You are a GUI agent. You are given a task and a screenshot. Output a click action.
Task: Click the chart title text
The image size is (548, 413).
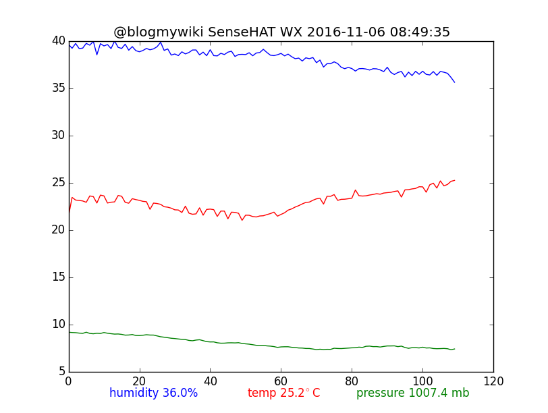[281, 32]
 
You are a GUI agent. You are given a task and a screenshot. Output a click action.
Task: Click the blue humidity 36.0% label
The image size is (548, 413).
[153, 393]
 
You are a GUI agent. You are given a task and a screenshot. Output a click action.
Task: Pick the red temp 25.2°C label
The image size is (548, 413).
[283, 393]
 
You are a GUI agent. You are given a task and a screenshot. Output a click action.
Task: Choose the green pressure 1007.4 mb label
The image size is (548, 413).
[412, 393]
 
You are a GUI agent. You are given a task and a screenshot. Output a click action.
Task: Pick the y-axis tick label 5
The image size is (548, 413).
[61, 372]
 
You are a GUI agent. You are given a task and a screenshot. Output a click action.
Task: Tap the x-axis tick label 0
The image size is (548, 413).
[69, 381]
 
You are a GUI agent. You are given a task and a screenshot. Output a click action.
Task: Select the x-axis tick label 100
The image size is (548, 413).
[422, 381]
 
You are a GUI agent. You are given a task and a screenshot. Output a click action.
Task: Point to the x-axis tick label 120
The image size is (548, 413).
[493, 381]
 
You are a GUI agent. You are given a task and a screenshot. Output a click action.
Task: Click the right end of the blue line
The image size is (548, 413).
[454, 82]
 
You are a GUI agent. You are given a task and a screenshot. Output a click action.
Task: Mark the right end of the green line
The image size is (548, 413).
[454, 349]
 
